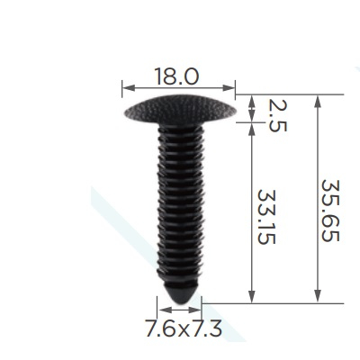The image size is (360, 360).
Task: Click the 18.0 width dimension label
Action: point(176,76)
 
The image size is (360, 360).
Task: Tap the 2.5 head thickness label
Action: point(278,116)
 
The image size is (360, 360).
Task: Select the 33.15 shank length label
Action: point(266,217)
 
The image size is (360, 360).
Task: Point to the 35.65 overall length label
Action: point(330,211)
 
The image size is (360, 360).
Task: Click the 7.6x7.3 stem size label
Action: point(184,328)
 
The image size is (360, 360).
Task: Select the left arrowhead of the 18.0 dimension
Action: point(129,88)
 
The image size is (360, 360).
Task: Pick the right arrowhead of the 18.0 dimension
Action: point(229,88)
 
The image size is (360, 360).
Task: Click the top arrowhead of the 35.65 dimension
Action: point(318,101)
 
